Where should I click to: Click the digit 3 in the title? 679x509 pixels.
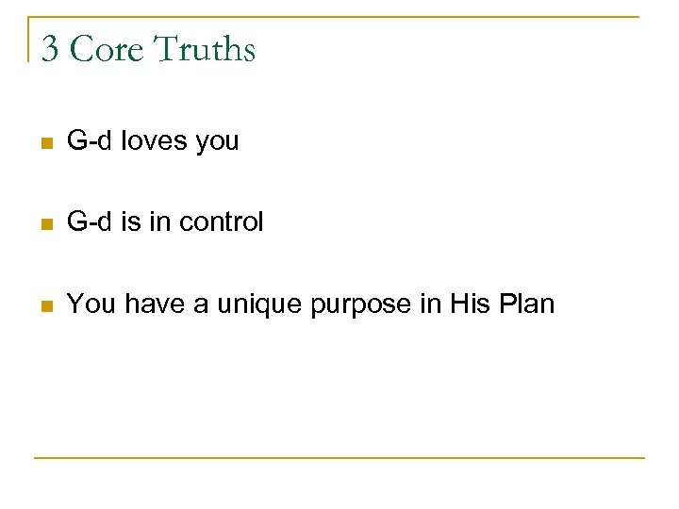(50, 49)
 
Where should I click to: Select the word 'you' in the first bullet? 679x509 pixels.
(217, 144)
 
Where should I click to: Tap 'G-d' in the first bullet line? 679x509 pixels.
(91, 141)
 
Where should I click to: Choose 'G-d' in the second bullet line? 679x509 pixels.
(91, 222)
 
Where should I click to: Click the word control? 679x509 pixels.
(223, 222)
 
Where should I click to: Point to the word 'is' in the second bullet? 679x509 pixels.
(128, 222)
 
